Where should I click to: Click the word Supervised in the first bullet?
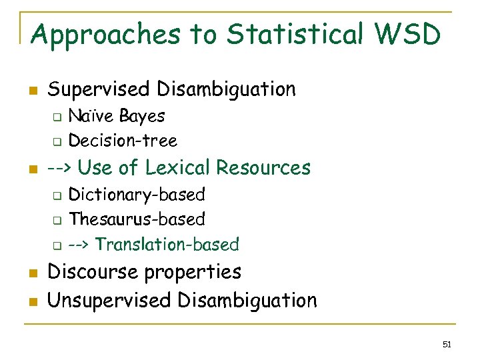pos(100,89)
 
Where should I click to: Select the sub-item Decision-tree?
pos(123,141)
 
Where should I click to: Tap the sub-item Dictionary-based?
pos(137,195)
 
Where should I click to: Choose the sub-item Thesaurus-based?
pos(137,219)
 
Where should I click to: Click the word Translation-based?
pos(167,245)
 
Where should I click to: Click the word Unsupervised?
pos(109,301)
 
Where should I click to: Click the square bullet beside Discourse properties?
pos(34,273)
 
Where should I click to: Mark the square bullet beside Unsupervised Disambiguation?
pos(34,301)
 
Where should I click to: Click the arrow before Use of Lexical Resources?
pos(60,167)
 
